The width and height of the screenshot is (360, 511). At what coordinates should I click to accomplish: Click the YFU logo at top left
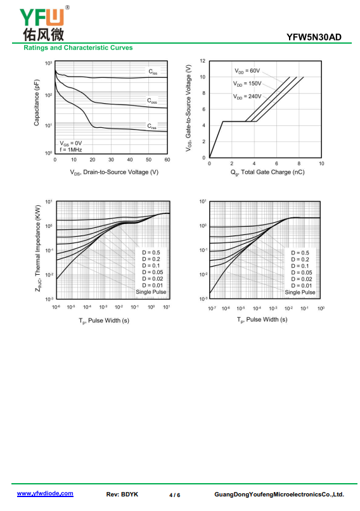[44, 23]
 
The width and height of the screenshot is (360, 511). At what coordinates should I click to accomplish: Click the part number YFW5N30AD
[314, 37]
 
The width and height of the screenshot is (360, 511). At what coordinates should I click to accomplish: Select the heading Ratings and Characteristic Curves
[78, 47]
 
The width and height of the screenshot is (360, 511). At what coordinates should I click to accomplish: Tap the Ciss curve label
[153, 72]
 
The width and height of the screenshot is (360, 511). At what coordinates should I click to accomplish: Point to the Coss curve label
[152, 101]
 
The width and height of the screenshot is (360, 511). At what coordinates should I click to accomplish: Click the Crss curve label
[151, 126]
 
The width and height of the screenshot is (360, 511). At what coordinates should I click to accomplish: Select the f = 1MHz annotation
[71, 150]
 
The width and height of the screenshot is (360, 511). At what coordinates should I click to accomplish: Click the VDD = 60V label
[247, 71]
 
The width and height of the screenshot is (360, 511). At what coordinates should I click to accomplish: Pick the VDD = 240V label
[247, 96]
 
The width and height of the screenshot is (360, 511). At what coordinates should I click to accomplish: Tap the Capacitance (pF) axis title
[37, 103]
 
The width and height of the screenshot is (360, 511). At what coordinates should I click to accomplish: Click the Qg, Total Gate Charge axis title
[267, 172]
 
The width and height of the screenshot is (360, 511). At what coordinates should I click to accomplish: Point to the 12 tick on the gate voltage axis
[203, 61]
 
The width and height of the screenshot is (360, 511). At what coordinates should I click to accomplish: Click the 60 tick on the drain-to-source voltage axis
[167, 160]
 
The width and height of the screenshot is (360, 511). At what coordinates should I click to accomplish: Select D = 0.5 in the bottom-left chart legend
[151, 253]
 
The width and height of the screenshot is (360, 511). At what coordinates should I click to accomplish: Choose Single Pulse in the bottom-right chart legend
[300, 293]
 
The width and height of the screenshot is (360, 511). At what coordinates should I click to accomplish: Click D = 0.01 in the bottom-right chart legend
[302, 286]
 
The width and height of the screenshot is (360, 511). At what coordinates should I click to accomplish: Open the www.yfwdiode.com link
[45, 493]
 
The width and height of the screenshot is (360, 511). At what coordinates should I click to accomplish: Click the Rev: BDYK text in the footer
[122, 495]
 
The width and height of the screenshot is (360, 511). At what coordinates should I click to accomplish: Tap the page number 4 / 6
[174, 495]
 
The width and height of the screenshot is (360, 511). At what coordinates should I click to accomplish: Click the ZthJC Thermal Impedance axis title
[38, 248]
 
